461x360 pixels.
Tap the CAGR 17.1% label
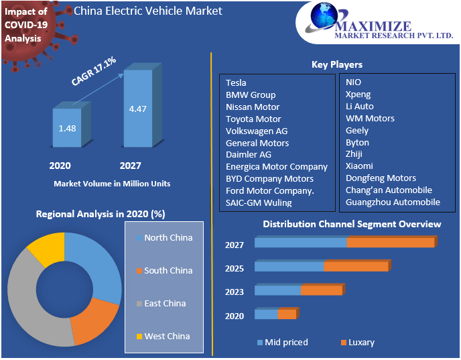pos(94,71)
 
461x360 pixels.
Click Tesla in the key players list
pos(236,82)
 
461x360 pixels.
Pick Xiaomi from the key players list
pos(359,166)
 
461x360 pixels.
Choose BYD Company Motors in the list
pos(269,178)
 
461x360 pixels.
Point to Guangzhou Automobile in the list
pos(393,202)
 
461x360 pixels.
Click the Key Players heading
pos(337,64)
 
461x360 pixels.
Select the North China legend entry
pos(168,237)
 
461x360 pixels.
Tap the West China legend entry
pos(167,336)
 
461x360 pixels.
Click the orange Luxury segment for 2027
pos(390,243)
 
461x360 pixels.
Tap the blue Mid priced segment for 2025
pos(289,266)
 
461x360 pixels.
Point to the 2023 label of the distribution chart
pos(235,292)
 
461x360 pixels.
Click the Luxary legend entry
pos(360,342)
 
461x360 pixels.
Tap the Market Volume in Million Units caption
pos(112,183)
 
